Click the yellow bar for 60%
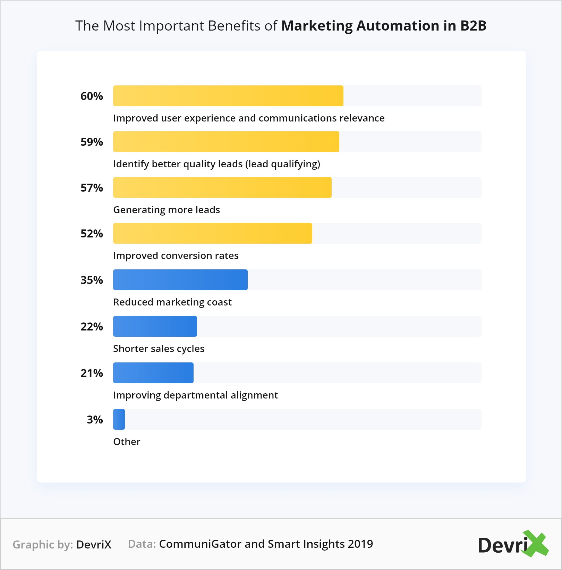coord(228,96)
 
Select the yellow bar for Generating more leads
coord(222,187)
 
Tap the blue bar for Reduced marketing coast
coord(180,280)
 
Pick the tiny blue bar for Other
coord(119,419)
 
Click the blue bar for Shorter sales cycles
coord(155,326)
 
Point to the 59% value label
coord(92,142)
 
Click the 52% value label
coord(92,234)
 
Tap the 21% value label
coord(92,373)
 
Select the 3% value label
coord(95,420)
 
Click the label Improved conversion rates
coord(176,256)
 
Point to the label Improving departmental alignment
coord(195,395)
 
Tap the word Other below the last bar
coord(127,442)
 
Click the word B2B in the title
coord(473,26)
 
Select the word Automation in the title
coord(398,26)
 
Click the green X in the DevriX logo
coord(536,544)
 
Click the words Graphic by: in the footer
coord(43,545)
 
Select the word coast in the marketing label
coord(219,302)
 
